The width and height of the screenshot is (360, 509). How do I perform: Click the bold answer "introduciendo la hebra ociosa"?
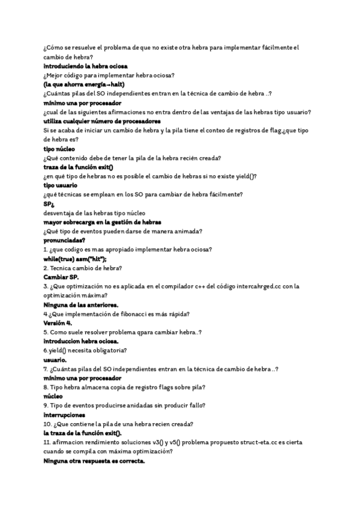[x=85, y=65]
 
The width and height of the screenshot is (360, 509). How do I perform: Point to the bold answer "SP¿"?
[x=49, y=203]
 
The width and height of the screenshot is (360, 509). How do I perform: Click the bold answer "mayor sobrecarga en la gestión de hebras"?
[x=102, y=222]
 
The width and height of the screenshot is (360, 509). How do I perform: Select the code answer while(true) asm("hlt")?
[x=79, y=259]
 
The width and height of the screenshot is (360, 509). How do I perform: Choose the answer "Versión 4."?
[x=58, y=323]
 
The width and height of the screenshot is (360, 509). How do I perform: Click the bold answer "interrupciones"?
[x=64, y=415]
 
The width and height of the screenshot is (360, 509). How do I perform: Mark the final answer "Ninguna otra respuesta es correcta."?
[x=94, y=461]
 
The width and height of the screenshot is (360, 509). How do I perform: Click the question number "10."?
[x=47, y=424]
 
